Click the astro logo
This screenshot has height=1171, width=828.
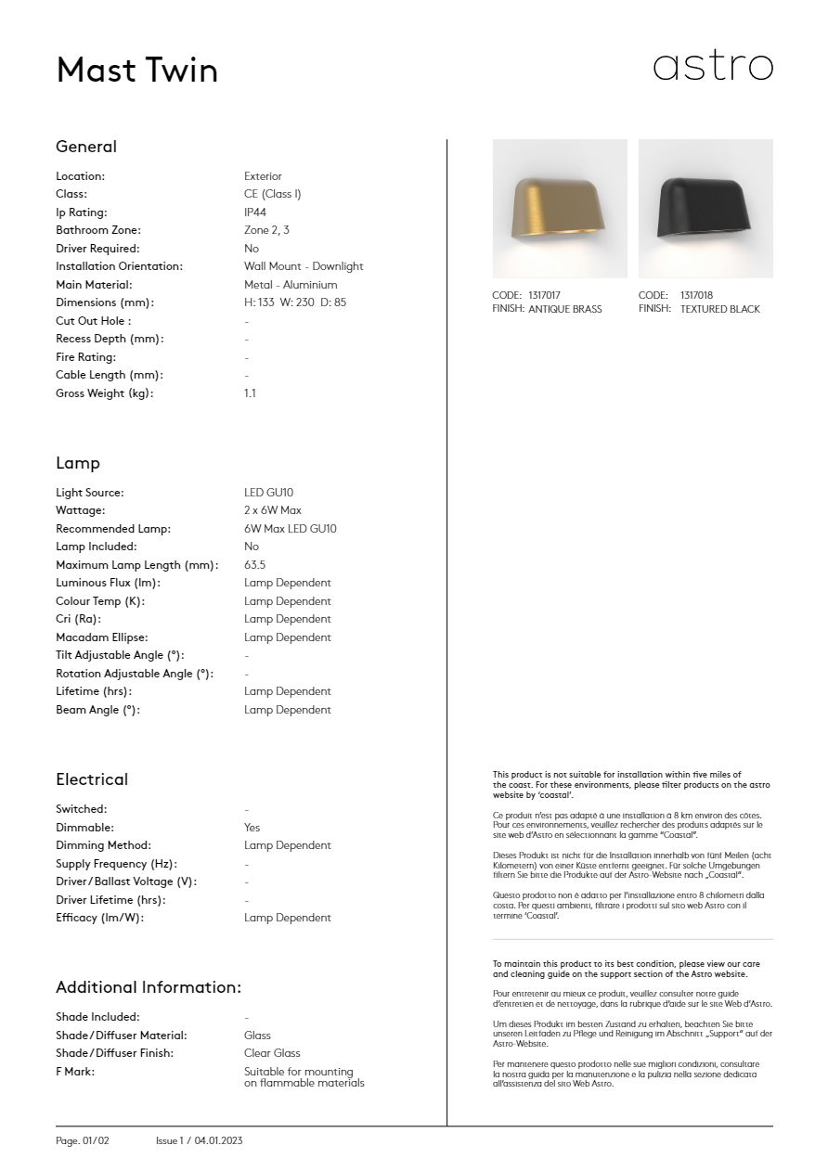tap(713, 67)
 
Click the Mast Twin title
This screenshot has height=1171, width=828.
tap(137, 71)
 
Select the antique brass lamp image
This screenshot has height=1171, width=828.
tap(560, 209)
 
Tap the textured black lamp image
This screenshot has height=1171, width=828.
tap(705, 209)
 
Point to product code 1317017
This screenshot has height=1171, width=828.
tap(544, 296)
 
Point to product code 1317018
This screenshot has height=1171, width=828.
tap(696, 296)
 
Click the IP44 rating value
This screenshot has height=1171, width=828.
tap(255, 212)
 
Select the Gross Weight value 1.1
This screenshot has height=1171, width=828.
tap(250, 393)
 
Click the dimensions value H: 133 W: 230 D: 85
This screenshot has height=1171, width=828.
tap(295, 302)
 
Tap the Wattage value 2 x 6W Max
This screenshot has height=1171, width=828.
tap(273, 510)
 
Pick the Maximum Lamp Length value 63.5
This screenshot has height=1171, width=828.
tap(255, 565)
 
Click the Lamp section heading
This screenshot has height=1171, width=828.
tap(78, 463)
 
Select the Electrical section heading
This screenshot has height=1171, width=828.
tap(92, 779)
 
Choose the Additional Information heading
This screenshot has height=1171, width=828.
tap(149, 987)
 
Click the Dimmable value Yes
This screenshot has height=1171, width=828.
tap(252, 828)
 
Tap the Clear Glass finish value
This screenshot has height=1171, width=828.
tap(272, 1053)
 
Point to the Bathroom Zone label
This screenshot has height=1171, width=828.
tap(98, 230)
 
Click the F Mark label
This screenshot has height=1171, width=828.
tap(75, 1072)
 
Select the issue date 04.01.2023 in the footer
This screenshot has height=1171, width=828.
tap(218, 1140)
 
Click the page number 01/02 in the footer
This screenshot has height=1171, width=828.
tap(96, 1140)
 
